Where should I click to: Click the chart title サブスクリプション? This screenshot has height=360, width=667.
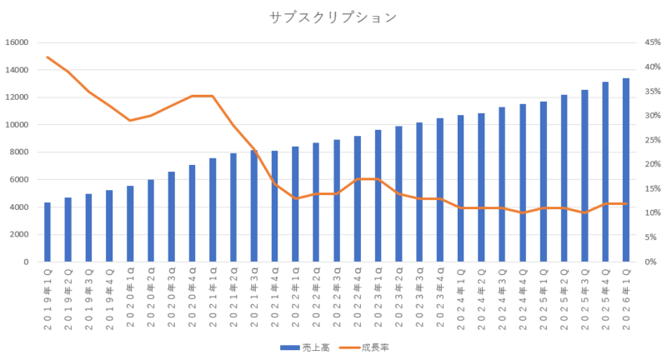[333, 17]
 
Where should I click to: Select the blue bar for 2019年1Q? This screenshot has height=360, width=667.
[48, 232]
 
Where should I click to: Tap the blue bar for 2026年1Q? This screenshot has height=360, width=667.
[626, 170]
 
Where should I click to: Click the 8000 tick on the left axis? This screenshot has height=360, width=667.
[19, 152]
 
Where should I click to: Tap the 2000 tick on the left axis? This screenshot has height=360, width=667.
[19, 234]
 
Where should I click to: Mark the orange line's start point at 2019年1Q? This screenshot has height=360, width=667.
[48, 57]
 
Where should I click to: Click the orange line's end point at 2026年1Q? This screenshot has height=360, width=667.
[626, 203]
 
